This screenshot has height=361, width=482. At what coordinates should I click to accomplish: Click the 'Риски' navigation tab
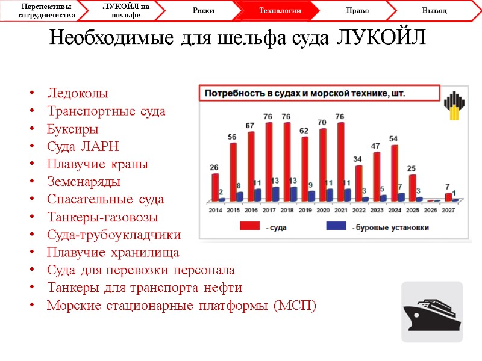click(204, 11)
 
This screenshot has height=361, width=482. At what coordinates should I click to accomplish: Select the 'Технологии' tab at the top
click(280, 11)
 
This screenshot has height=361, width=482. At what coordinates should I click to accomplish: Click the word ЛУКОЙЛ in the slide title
click(380, 37)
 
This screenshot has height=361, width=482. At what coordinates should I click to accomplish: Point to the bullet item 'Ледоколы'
click(77, 94)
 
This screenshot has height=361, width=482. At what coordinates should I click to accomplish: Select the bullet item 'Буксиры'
click(72, 129)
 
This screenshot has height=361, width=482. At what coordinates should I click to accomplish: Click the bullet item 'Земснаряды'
click(83, 181)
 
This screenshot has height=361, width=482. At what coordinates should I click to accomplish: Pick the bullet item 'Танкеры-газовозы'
click(102, 217)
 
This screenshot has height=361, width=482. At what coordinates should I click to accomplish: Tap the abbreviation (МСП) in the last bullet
click(294, 305)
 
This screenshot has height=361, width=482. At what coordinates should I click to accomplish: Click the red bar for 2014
click(215, 187)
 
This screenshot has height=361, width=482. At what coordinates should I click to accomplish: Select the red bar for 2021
click(341, 161)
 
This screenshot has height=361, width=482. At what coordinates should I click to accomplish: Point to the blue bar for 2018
click(293, 194)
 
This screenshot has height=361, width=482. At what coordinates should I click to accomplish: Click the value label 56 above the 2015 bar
click(232, 137)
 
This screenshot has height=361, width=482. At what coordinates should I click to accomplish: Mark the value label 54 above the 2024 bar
click(393, 139)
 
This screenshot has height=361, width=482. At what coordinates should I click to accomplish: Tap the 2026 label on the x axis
click(430, 210)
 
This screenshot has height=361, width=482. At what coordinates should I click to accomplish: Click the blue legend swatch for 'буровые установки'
click(338, 226)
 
